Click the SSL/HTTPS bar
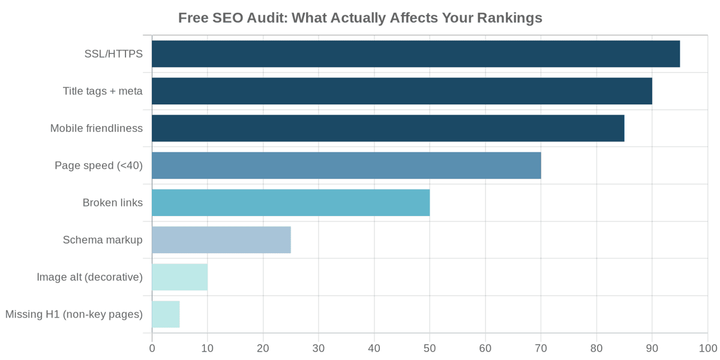tap(415, 54)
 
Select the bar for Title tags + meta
tap(401, 91)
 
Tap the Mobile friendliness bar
tap(388, 128)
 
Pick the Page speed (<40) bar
tap(346, 166)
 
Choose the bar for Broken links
tap(290, 203)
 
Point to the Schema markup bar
tap(221, 240)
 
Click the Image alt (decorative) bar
tap(179, 277)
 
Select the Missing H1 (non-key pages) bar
tap(166, 314)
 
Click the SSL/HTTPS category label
tap(113, 54)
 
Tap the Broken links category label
tap(112, 203)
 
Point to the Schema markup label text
tap(103, 240)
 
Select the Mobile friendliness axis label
tap(96, 128)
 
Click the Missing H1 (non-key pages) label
tap(74, 314)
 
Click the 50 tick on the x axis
tap(430, 348)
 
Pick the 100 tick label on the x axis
tap(707, 348)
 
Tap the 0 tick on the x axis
tap(152, 348)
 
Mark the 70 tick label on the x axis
tap(541, 348)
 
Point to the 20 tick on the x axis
tap(263, 348)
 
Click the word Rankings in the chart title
tap(509, 18)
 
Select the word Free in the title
tap(193, 18)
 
